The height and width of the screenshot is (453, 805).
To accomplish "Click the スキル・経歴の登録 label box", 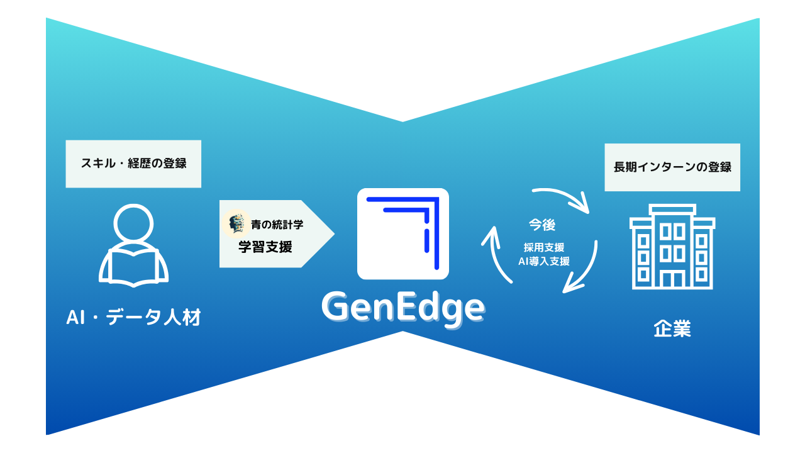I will click(133, 164).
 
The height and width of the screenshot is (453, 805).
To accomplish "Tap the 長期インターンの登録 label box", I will click(672, 167).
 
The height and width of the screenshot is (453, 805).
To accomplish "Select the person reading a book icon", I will click(133, 247).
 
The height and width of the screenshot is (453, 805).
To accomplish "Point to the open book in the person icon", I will click(133, 267).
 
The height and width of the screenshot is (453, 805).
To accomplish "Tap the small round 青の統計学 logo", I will click(236, 223).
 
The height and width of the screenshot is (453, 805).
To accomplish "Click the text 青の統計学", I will click(277, 224).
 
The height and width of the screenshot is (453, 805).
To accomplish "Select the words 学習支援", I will click(265, 247).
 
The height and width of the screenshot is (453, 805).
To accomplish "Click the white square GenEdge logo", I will click(402, 233).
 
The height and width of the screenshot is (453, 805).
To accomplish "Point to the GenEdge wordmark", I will click(402, 308).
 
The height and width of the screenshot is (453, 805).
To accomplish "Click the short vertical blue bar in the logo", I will click(426, 240).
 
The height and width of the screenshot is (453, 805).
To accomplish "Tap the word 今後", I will click(541, 225).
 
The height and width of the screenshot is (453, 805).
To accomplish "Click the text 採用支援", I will click(544, 248).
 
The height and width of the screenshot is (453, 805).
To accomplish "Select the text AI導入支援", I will click(544, 261).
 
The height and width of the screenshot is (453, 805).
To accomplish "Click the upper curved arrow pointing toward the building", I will click(562, 196).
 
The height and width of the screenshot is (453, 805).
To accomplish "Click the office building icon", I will click(672, 247).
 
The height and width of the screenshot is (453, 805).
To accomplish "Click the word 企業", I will click(672, 329).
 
